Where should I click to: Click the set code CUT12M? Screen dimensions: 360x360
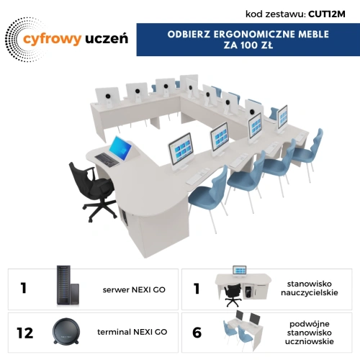pyautogui.click(x=327, y=14)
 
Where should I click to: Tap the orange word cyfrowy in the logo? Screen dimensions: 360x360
pyautogui.click(x=52, y=40)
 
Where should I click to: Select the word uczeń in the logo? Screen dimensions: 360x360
pyautogui.click(x=107, y=39)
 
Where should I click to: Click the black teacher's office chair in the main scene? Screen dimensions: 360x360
pyautogui.click(x=91, y=191)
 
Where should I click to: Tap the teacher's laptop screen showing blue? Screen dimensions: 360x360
pyautogui.click(x=120, y=148)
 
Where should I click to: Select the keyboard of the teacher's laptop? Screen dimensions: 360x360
pyautogui.click(x=107, y=160)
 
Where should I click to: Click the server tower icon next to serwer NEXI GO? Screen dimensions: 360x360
pyautogui.click(x=68, y=285)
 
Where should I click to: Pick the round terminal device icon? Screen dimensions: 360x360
pyautogui.click(x=66, y=332)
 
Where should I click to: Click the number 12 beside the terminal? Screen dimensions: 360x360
pyautogui.click(x=24, y=333)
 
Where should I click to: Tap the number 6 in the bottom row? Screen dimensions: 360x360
pyautogui.click(x=197, y=333)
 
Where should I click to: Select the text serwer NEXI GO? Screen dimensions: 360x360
pyautogui.click(x=134, y=289)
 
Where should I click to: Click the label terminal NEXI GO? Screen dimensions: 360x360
pyautogui.click(x=132, y=332)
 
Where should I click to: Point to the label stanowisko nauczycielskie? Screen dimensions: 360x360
pyautogui.click(x=310, y=288)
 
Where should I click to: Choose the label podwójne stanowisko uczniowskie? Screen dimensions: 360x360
pyautogui.click(x=310, y=333)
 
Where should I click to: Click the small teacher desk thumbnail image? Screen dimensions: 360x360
pyautogui.click(x=243, y=286)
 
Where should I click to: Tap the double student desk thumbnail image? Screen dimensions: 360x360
pyautogui.click(x=243, y=330)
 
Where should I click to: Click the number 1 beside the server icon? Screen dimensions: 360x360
pyautogui.click(x=23, y=288)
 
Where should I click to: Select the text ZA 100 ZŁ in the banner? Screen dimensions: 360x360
pyautogui.click(x=248, y=45)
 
